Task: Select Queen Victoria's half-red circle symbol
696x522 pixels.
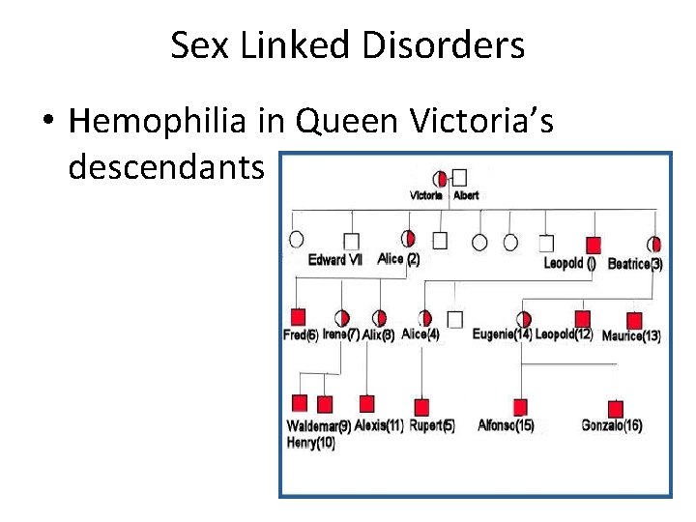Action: (441, 178)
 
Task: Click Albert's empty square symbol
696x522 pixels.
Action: (460, 178)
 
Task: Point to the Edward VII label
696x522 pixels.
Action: (335, 259)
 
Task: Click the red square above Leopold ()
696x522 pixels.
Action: (594, 245)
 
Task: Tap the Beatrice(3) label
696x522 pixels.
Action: (635, 264)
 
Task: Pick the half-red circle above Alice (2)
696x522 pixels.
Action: (408, 239)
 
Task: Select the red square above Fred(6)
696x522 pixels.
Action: (299, 316)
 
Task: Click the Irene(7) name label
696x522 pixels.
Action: (340, 334)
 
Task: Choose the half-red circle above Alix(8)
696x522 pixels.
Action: (379, 318)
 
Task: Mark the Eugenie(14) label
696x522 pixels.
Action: (502, 334)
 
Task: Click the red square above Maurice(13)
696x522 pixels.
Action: (634, 320)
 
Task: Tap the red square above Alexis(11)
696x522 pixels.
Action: (366, 403)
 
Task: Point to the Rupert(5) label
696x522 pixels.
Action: (431, 425)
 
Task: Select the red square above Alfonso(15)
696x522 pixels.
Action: (520, 407)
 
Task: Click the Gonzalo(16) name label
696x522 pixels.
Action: (612, 425)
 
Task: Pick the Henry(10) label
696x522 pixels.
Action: (311, 443)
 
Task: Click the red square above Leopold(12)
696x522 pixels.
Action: (582, 318)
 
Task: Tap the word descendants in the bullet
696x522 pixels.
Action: (166, 168)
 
